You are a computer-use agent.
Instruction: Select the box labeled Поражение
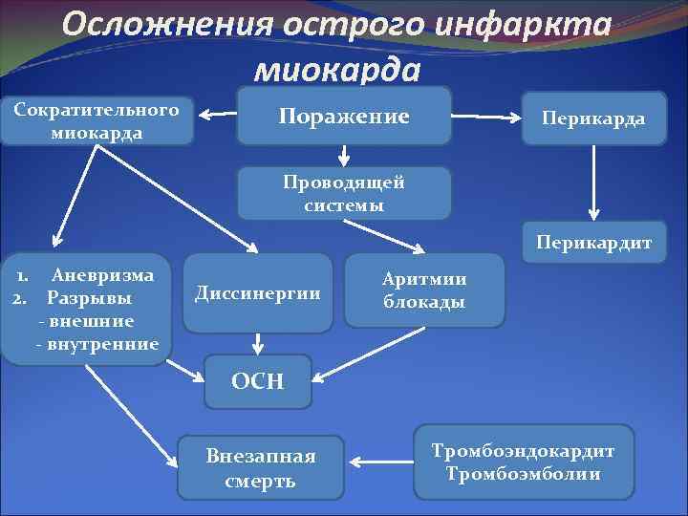[344, 117]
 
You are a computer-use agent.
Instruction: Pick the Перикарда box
[592, 119]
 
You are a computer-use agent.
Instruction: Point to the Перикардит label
[593, 243]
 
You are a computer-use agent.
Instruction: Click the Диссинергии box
[257, 293]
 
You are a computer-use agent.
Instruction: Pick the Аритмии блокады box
[424, 290]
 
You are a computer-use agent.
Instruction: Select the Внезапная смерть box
[261, 468]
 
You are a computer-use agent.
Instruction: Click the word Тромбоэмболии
[523, 473]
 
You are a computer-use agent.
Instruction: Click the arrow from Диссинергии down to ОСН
[257, 343]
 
